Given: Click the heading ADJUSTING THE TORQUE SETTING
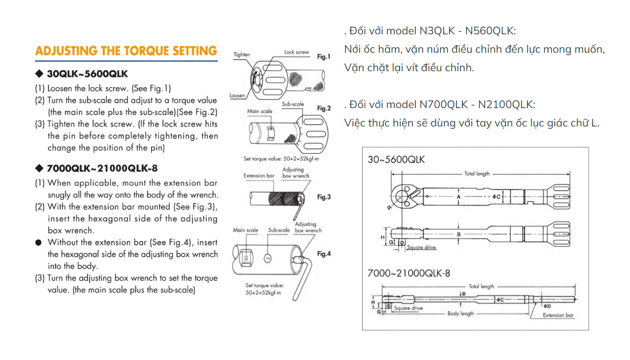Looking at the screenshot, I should (126, 51).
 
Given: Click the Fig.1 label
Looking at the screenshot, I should (324, 57).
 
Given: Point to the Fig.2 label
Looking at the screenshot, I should (324, 109).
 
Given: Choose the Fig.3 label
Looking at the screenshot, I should (324, 197).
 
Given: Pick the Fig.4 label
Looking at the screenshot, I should (324, 254).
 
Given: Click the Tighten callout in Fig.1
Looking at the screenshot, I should (242, 54).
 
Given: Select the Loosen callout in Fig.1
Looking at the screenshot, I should (237, 96).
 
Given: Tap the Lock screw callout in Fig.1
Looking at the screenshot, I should (297, 52).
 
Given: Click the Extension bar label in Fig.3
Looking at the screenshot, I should (259, 176).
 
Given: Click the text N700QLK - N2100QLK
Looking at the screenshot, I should (477, 104).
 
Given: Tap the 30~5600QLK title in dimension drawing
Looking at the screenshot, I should (396, 159).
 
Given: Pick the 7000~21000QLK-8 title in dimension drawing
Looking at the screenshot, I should (409, 273).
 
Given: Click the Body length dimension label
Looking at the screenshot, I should (460, 313).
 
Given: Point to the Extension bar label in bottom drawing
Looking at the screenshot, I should (558, 315).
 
